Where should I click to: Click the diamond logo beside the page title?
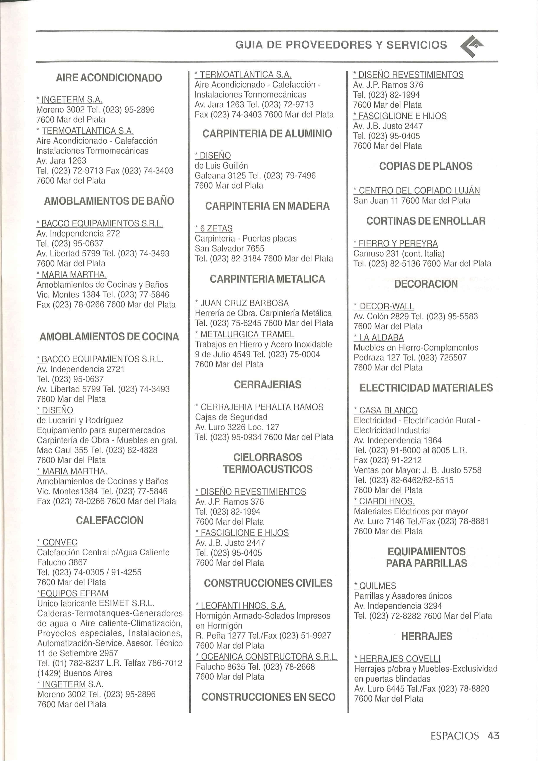click(472, 46)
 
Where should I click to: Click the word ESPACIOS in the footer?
click(454, 736)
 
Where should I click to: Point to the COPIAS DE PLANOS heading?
click(426, 166)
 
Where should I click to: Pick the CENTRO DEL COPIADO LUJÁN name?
click(419, 190)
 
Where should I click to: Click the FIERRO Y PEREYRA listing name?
click(398, 243)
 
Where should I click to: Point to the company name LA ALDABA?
click(381, 337)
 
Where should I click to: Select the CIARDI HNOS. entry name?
click(387, 501)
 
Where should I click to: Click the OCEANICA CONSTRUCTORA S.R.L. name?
click(269, 657)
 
